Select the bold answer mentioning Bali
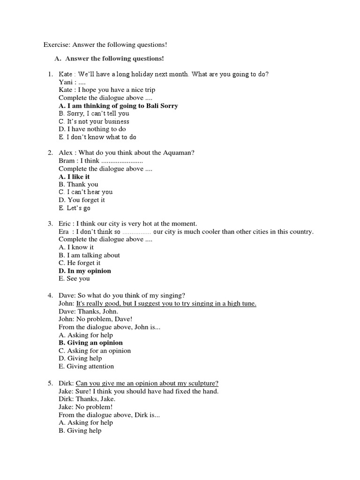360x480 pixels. [118, 105]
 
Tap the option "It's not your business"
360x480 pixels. [94, 121]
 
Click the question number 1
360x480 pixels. [50, 74]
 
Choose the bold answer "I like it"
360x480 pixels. [74, 176]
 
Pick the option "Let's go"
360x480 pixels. [74, 208]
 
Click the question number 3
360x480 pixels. [50, 224]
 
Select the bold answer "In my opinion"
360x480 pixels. [85, 271]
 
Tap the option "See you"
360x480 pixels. [74, 278]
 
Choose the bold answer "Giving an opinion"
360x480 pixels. [90, 343]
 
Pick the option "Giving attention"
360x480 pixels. [86, 366]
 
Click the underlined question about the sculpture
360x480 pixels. [147, 383]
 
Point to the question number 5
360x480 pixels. [50, 383]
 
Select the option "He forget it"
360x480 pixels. [80, 263]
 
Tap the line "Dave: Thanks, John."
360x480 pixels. [88, 311]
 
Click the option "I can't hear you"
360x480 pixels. [86, 192]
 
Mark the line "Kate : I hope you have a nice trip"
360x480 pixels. [107, 90]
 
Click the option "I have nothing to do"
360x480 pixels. [92, 129]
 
